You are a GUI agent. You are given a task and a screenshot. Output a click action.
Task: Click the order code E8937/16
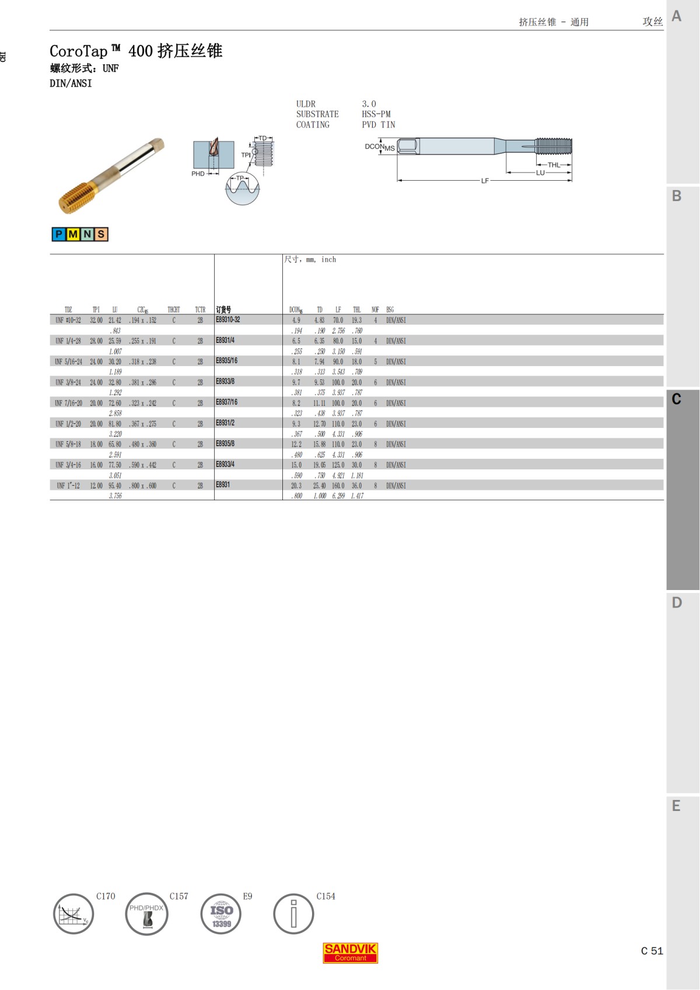pyautogui.click(x=226, y=402)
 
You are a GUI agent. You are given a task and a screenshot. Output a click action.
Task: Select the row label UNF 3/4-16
pyautogui.click(x=68, y=465)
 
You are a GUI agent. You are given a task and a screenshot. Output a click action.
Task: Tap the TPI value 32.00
pyautogui.click(x=96, y=321)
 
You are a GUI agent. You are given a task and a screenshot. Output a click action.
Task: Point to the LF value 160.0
pyautogui.click(x=338, y=486)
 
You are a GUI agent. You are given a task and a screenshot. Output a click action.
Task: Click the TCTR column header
pyautogui.click(x=200, y=310)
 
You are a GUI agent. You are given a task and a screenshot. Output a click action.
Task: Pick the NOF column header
pyautogui.click(x=375, y=310)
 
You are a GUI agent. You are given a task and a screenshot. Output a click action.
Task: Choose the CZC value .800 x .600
pyautogui.click(x=142, y=486)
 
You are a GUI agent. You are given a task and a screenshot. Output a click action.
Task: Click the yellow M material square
pyautogui.click(x=73, y=234)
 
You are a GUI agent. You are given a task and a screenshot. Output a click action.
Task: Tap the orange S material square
pyautogui.click(x=101, y=234)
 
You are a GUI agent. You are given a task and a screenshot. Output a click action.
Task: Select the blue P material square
pyautogui.click(x=59, y=234)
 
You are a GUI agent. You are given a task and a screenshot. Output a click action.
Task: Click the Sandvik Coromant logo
pyautogui.click(x=350, y=953)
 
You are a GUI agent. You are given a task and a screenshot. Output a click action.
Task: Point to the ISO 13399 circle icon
pyautogui.click(x=221, y=914)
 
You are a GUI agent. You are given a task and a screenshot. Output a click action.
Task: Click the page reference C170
pyautogui.click(x=106, y=896)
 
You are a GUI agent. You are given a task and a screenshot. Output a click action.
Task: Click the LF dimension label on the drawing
pyautogui.click(x=485, y=181)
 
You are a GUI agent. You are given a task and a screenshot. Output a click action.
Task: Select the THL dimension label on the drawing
pyautogui.click(x=554, y=165)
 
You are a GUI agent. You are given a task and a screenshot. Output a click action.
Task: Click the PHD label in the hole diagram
pyautogui.click(x=198, y=174)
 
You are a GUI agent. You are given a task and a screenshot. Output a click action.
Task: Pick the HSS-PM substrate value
pyautogui.click(x=376, y=114)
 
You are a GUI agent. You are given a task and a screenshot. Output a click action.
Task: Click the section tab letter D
pyautogui.click(x=677, y=602)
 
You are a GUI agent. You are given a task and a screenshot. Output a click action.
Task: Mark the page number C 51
pyautogui.click(x=652, y=951)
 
